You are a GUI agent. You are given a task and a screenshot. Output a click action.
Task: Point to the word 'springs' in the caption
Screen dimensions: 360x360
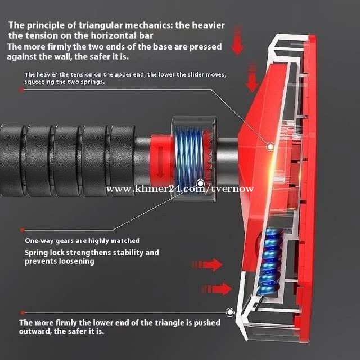(92, 82)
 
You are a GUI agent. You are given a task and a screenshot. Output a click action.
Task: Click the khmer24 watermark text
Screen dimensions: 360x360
(180, 189)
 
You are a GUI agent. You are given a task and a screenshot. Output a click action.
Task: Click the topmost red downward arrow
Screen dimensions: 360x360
(237, 40)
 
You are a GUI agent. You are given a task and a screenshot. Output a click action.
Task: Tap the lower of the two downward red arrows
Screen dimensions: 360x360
(252, 77)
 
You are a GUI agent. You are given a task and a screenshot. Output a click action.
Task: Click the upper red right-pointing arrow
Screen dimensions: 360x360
(207, 264)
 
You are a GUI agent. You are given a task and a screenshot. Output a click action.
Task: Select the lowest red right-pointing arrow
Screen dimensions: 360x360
(217, 289)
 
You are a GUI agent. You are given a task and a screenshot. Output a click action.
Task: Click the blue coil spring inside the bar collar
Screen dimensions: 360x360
(189, 159)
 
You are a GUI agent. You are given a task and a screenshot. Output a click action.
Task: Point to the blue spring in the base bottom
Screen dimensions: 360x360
(271, 262)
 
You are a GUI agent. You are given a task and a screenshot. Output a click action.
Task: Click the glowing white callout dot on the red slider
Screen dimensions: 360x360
(270, 146)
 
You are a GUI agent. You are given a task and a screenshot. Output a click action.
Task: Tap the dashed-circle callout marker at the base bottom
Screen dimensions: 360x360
(230, 312)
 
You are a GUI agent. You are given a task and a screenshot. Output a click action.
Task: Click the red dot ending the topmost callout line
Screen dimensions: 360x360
(21, 90)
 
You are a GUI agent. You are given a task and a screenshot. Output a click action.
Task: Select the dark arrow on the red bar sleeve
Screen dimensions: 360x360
(160, 163)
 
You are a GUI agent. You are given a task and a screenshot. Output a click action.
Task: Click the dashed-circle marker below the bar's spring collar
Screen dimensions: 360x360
(201, 183)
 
